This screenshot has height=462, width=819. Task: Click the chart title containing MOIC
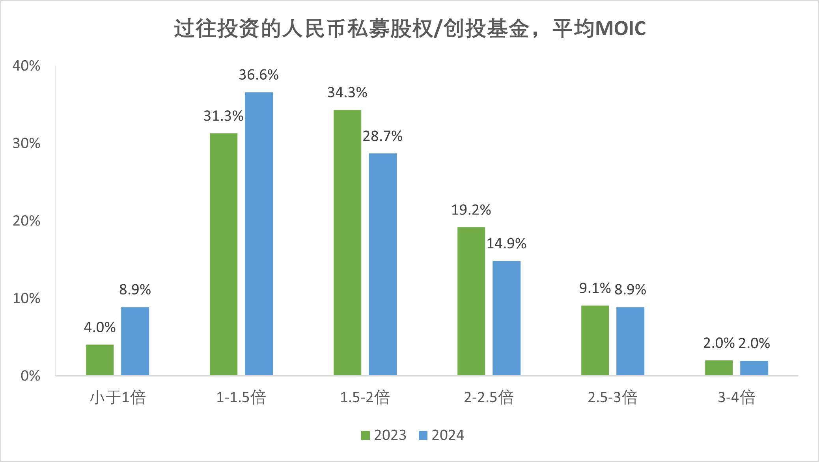coord(410,29)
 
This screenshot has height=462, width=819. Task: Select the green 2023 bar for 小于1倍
coord(100,360)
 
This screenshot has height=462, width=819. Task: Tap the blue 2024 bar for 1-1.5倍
coord(259,234)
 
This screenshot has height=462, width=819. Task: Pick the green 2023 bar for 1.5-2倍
coord(347,242)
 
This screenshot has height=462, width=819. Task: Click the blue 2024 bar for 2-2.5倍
coord(506,318)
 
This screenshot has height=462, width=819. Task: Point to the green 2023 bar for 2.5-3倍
coord(595,340)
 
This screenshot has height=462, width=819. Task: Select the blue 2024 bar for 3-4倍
coord(754,368)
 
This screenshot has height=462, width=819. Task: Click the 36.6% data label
coord(259,75)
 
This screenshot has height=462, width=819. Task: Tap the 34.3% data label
coord(347,93)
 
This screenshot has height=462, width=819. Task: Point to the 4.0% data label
coord(100,327)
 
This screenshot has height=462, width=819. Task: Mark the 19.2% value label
coord(471,210)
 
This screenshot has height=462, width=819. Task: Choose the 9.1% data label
coord(595,288)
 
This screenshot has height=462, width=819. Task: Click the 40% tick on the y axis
coord(26,66)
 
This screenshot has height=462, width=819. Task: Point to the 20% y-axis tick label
coord(26,221)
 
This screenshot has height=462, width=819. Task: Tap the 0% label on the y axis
coord(30,376)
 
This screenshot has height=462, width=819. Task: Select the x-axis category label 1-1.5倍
coord(241,397)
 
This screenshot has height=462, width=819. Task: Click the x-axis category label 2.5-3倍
coord(612,397)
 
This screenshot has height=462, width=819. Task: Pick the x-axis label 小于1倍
coord(118,397)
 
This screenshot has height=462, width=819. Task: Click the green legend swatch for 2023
coord(366,435)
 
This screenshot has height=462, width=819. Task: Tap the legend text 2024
coord(448,435)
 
